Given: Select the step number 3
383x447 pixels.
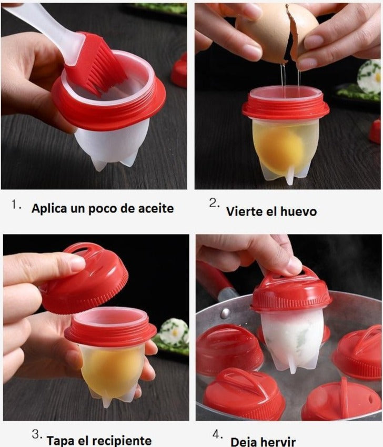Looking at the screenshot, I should point(36,435).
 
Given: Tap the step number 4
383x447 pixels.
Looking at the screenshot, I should point(217,435).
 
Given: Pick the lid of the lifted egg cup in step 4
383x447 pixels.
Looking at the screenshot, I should point(290,292).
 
